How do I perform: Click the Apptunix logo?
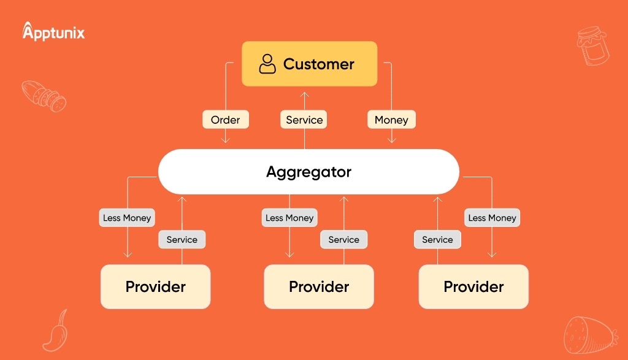click(53, 31)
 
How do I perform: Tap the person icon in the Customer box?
click(267, 64)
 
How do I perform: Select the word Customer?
click(318, 64)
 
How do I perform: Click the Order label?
click(226, 120)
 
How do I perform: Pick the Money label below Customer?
click(391, 120)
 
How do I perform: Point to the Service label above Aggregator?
click(304, 120)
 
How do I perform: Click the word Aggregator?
click(309, 172)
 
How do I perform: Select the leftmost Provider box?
click(155, 286)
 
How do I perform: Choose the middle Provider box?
click(319, 286)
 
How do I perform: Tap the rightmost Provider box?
click(473, 286)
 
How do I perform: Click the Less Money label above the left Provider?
click(127, 218)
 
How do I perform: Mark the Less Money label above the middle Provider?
click(289, 218)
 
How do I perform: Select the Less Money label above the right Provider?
click(492, 218)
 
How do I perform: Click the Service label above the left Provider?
click(182, 239)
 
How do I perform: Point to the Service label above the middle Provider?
click(343, 239)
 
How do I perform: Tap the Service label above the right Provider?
click(437, 239)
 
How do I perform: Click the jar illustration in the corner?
click(593, 45)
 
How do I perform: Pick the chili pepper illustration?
click(56, 331)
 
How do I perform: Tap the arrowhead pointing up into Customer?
click(304, 95)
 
